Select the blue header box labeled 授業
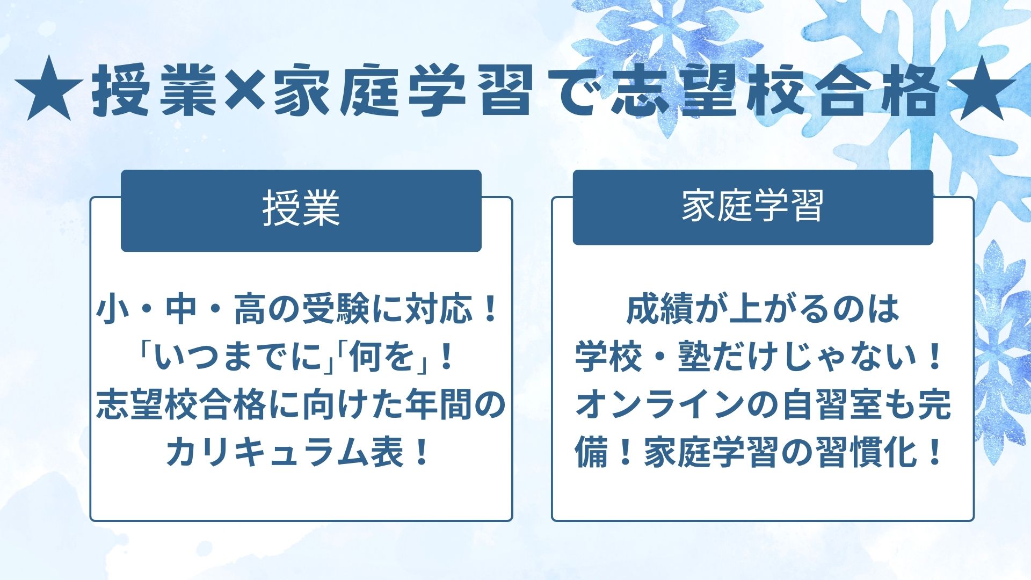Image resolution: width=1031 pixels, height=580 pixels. click(301, 210)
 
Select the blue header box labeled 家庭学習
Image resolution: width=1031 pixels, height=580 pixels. click(752, 207)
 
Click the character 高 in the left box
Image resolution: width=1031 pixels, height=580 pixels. click(250, 310)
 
